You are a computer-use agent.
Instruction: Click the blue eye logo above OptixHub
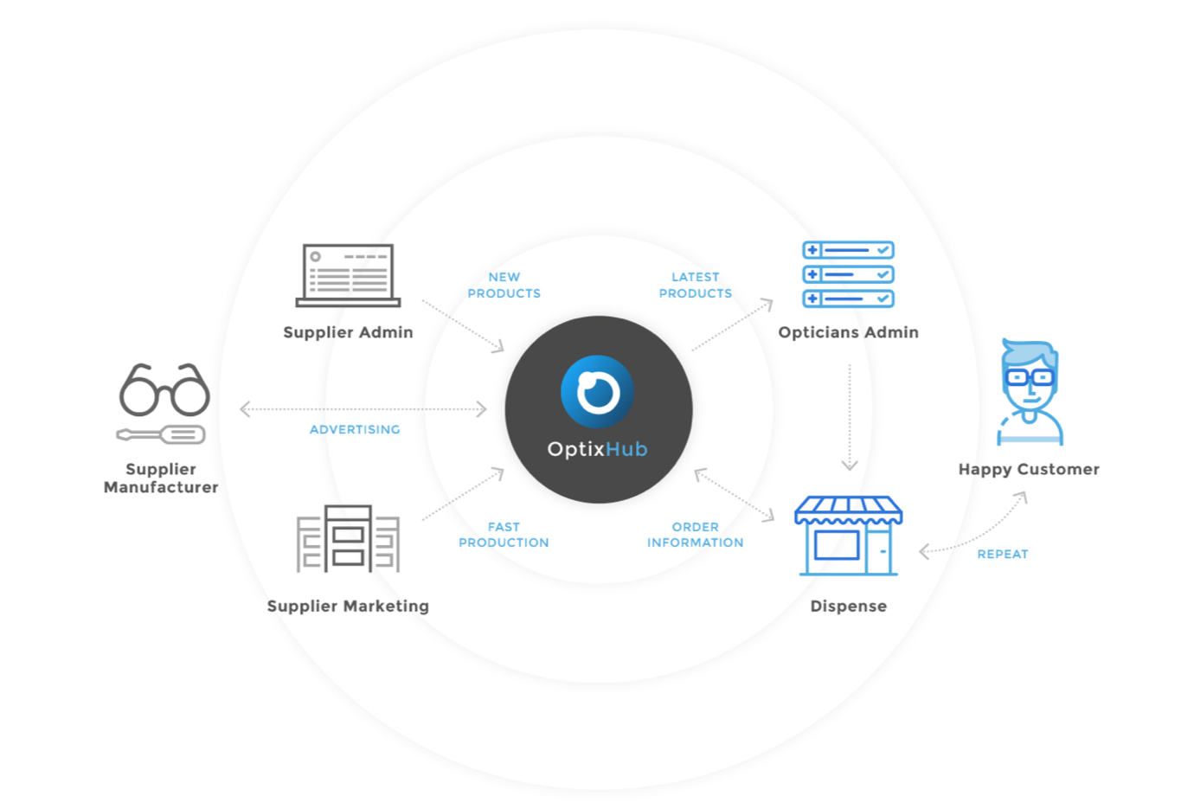pyautogui.click(x=597, y=391)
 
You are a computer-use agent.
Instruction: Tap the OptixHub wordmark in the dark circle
pyautogui.click(x=597, y=449)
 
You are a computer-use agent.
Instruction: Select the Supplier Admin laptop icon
pyautogui.click(x=348, y=275)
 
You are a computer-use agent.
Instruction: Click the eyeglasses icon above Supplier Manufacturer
pyautogui.click(x=164, y=389)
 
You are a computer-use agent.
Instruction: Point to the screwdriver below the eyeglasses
pyautogui.click(x=161, y=434)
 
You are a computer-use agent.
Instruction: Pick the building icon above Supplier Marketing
pyautogui.click(x=348, y=538)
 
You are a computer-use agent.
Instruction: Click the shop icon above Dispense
pyautogui.click(x=848, y=536)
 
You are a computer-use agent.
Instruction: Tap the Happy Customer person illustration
pyautogui.click(x=1030, y=392)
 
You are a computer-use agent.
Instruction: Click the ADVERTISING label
pyautogui.click(x=355, y=429)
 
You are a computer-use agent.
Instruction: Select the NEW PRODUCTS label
pyautogui.click(x=504, y=285)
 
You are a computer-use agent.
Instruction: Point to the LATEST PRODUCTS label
pyautogui.click(x=696, y=285)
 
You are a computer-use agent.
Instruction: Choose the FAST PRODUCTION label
pyautogui.click(x=504, y=535)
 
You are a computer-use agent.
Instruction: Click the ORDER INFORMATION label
pyautogui.click(x=696, y=535)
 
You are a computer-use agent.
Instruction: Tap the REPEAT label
pyautogui.click(x=1003, y=555)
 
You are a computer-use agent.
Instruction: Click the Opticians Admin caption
pyautogui.click(x=848, y=332)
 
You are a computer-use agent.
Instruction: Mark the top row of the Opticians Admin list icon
pyautogui.click(x=848, y=250)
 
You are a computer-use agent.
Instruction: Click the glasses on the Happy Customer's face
pyautogui.click(x=1030, y=377)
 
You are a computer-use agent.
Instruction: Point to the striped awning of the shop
pyautogui.click(x=848, y=510)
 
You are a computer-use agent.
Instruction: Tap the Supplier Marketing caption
pyautogui.click(x=348, y=606)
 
